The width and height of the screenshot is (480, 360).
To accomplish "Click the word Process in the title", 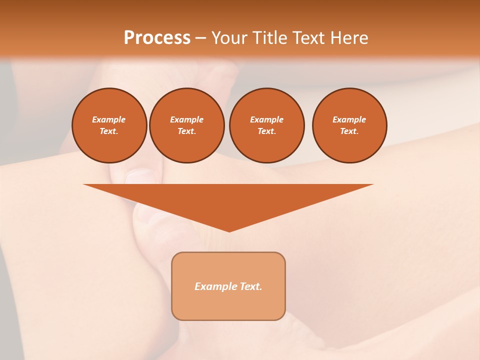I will coord(157,38).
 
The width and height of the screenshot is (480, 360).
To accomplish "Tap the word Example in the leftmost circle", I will coord(109,119).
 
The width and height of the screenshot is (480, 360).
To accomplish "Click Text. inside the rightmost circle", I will coord(349,131).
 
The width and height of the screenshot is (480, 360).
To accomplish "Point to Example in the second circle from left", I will coord(187,119).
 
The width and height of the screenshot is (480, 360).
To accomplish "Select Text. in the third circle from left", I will coord(266,131).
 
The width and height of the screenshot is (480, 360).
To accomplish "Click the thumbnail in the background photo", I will coord(141,176).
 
